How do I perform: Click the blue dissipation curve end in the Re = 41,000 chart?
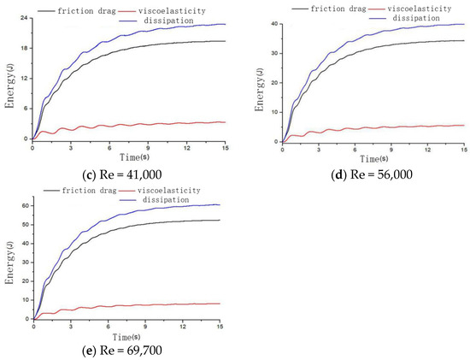click(x=225, y=24)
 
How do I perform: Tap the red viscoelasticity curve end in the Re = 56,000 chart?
click(x=463, y=125)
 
